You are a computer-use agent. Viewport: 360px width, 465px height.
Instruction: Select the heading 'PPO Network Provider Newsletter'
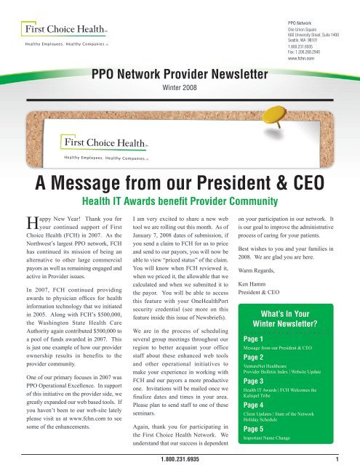(x=179, y=73)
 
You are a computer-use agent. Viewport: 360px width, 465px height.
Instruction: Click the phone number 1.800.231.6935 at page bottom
(x=180, y=459)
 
